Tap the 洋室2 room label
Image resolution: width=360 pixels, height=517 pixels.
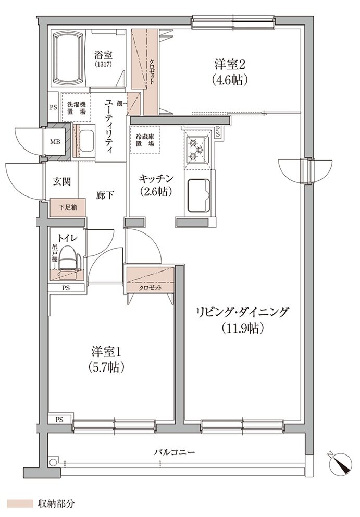pos(229,72)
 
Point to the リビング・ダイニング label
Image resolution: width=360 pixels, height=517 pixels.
pos(242,319)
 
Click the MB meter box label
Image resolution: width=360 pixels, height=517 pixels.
pos(55,142)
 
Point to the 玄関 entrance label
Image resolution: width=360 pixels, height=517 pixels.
pos(62,182)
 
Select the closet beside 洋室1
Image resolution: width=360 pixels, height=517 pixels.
pos(150,280)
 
